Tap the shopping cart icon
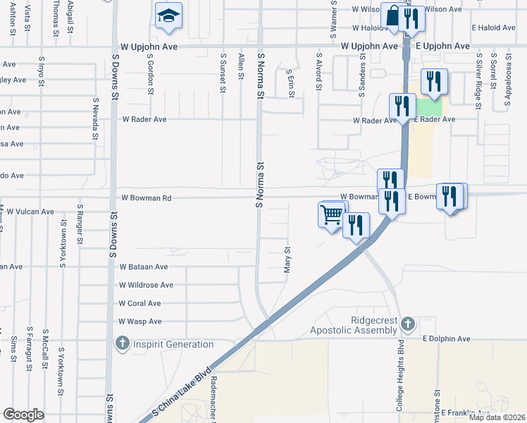(331, 214)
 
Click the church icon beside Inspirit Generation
(122, 344)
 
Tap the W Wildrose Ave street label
(146, 285)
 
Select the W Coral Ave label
(139, 303)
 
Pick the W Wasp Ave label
(140, 321)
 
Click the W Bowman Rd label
(147, 199)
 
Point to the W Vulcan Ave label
(27, 211)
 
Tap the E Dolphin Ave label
(446, 339)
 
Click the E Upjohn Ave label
(442, 46)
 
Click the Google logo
(23, 415)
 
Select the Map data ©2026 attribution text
(497, 417)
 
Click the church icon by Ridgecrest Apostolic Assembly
(407, 325)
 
